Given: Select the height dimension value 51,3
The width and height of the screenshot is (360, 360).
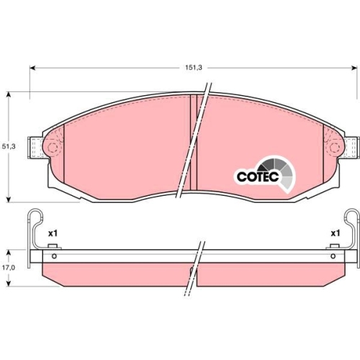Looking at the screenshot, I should point(8,146).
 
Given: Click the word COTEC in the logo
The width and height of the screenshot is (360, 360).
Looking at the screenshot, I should point(253,176).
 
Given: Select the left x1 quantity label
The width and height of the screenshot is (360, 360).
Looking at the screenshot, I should point(52,233).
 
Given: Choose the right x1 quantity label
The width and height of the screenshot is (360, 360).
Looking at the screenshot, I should point(335,233).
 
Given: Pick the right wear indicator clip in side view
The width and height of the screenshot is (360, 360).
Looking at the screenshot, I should point(351,230).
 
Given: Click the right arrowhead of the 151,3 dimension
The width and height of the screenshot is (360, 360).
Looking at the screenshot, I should point(354,68).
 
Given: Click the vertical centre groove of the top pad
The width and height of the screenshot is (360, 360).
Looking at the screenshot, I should point(196,144).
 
